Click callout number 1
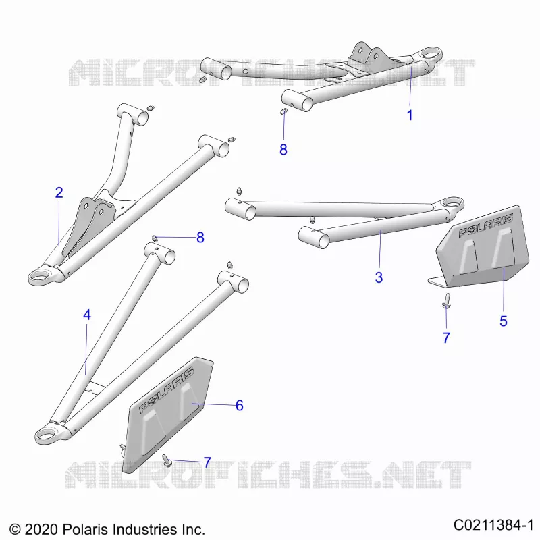(x=410, y=115)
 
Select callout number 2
(x=59, y=192)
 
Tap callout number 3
(x=379, y=277)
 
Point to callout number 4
(x=87, y=315)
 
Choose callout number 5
(x=504, y=321)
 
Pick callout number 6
(x=240, y=406)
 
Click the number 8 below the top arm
(x=283, y=150)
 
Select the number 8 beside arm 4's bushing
(x=200, y=238)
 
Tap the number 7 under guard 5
(x=446, y=338)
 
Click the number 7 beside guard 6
(x=207, y=462)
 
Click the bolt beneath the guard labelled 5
(x=446, y=300)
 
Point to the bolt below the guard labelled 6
(x=167, y=460)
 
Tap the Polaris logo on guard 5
(x=486, y=226)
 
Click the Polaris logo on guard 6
(x=166, y=390)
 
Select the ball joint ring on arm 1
(x=428, y=55)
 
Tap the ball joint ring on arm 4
(x=50, y=433)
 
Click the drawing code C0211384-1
(x=493, y=525)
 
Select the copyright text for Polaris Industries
(x=107, y=529)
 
